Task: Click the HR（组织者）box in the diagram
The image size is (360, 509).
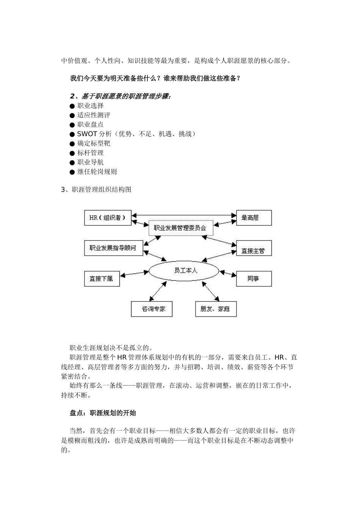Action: point(107,218)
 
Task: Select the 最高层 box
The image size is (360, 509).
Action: point(254,218)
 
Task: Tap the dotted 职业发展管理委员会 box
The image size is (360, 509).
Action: point(180,228)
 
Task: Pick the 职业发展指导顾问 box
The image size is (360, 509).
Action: point(113,248)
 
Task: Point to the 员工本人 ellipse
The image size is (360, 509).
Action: point(184,271)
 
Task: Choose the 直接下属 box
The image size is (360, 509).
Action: point(102,278)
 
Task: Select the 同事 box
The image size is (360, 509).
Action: point(254,278)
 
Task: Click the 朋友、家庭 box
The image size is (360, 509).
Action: point(215,309)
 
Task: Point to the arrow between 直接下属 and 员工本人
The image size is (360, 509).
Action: point(135,274)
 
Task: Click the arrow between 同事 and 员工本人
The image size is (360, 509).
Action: point(228,273)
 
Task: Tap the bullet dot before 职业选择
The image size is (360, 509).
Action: point(72,106)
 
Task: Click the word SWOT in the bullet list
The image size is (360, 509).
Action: point(87,134)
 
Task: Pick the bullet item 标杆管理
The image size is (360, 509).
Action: point(90,153)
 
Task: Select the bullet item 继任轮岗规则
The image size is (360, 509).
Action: point(97,172)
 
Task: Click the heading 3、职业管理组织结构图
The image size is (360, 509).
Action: point(96,190)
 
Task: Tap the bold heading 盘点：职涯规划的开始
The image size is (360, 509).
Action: point(103,413)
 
